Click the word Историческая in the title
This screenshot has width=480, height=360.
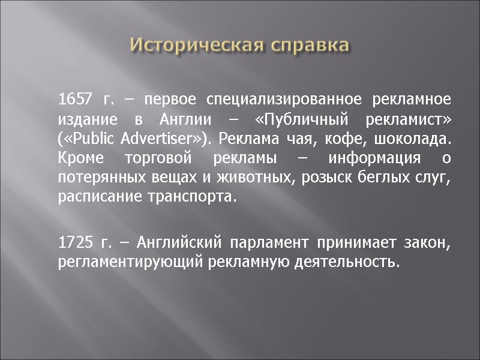pos(196,45)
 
